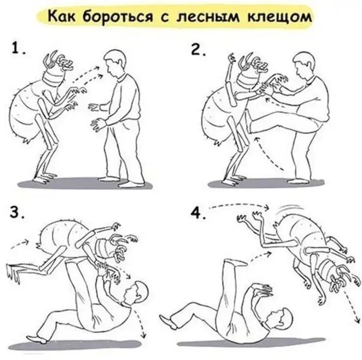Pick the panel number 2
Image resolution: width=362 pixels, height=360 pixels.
[198, 49]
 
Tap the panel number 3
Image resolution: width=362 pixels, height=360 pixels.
[17, 212]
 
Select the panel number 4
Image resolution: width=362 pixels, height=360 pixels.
[198, 213]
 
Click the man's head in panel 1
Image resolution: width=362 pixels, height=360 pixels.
[115, 63]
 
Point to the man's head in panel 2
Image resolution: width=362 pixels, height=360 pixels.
[304, 65]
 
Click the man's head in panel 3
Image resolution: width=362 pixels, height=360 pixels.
[135, 292]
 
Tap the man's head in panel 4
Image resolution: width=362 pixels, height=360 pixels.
[280, 319]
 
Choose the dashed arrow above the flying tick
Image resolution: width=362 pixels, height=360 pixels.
[239, 205]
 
